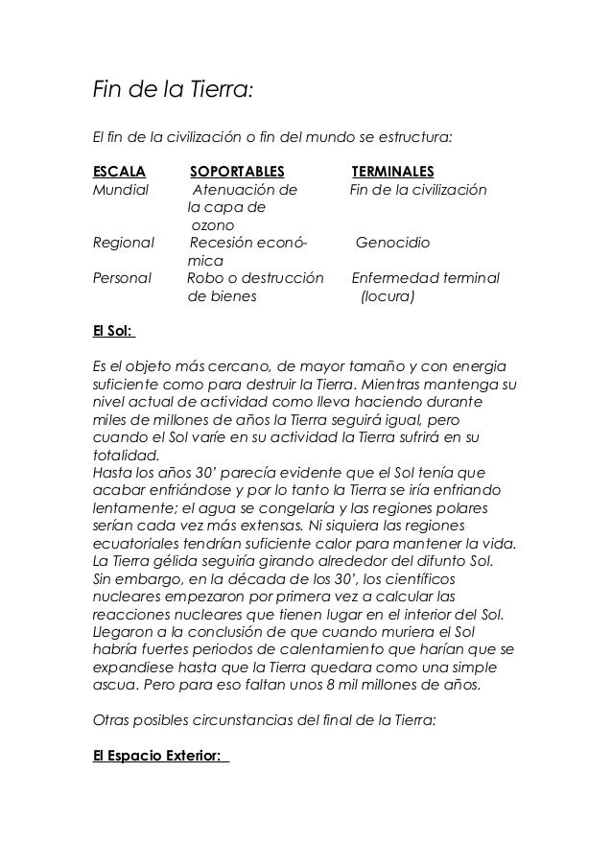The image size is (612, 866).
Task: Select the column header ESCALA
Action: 119,172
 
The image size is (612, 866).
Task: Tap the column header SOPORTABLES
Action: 237,172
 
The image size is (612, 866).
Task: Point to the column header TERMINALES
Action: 399,172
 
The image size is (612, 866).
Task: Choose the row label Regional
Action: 123,243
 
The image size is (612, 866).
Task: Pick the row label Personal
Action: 122,279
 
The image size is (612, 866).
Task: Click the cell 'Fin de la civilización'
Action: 418,190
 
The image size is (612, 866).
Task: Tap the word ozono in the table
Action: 210,224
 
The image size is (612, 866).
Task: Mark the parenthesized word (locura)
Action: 387,297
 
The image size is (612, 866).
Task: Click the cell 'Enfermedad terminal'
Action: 426,279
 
